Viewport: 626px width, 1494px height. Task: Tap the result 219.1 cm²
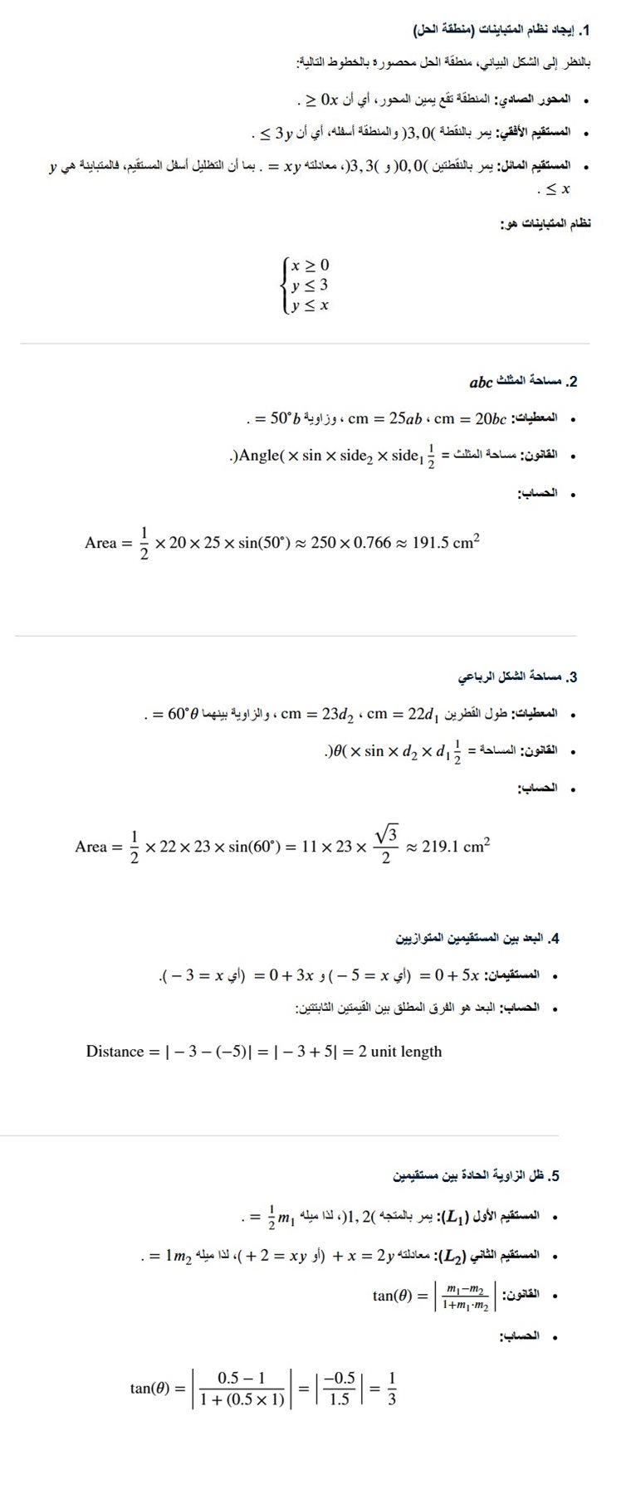pyautogui.click(x=456, y=847)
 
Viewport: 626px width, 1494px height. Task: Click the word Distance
pyautogui.click(x=115, y=1052)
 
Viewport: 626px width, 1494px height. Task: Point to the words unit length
pyautogui.click(x=407, y=1052)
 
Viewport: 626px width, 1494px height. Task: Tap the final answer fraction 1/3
pyautogui.click(x=392, y=1388)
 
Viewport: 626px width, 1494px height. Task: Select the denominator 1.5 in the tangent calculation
pyautogui.click(x=340, y=1399)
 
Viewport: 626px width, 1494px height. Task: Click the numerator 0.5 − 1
pyautogui.click(x=241, y=1378)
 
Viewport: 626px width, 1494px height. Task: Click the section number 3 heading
pyautogui.click(x=572, y=677)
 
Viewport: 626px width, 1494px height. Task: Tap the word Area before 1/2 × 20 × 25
pyautogui.click(x=101, y=543)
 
